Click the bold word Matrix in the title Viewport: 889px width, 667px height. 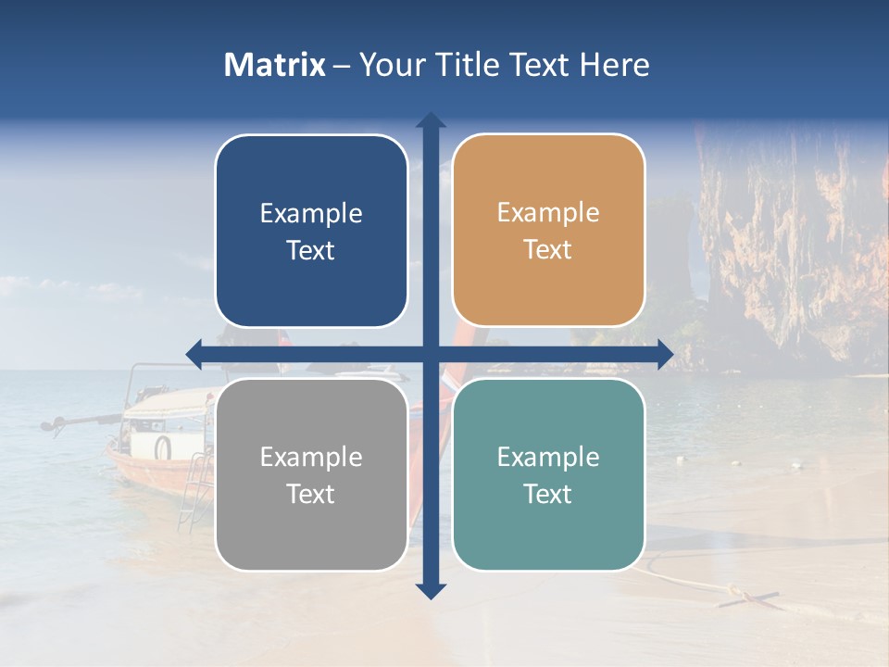click(x=275, y=65)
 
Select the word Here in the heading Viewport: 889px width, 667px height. click(x=614, y=65)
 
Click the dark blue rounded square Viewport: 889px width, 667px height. click(x=311, y=231)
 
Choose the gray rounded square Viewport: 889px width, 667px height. click(x=311, y=474)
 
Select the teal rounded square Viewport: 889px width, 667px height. click(x=548, y=474)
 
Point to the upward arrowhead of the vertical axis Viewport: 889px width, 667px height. click(x=431, y=120)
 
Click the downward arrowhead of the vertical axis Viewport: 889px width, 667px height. click(x=431, y=590)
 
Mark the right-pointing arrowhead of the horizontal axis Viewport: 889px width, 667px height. click(x=664, y=354)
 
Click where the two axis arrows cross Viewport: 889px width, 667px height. click(x=431, y=354)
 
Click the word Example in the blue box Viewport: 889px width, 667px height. click(x=311, y=214)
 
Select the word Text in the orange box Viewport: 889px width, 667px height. click(x=548, y=250)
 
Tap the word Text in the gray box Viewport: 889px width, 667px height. click(x=311, y=494)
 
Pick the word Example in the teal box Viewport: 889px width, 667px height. click(x=548, y=457)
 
